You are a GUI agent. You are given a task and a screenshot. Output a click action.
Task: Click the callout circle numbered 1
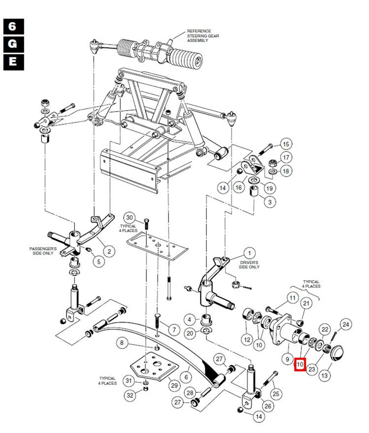click(x=249, y=253)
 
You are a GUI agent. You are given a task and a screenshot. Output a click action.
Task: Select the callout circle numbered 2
click(x=109, y=251)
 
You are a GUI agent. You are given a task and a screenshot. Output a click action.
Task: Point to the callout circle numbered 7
click(x=173, y=330)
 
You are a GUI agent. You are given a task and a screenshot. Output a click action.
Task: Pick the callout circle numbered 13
click(x=324, y=375)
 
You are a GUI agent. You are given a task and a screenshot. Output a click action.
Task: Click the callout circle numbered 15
click(x=286, y=145)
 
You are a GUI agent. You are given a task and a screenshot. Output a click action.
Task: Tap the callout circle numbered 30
click(x=130, y=217)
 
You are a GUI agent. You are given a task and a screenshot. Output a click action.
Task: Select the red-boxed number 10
click(x=299, y=365)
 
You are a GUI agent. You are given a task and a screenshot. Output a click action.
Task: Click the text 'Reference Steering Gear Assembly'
click(x=203, y=34)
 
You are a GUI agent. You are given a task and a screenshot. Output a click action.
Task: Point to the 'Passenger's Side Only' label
click(x=44, y=252)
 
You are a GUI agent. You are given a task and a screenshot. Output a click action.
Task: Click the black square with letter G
click(x=13, y=44)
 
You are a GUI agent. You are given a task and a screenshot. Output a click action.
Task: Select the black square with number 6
click(x=13, y=26)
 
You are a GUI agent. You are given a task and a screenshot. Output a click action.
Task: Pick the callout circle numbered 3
click(x=270, y=202)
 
